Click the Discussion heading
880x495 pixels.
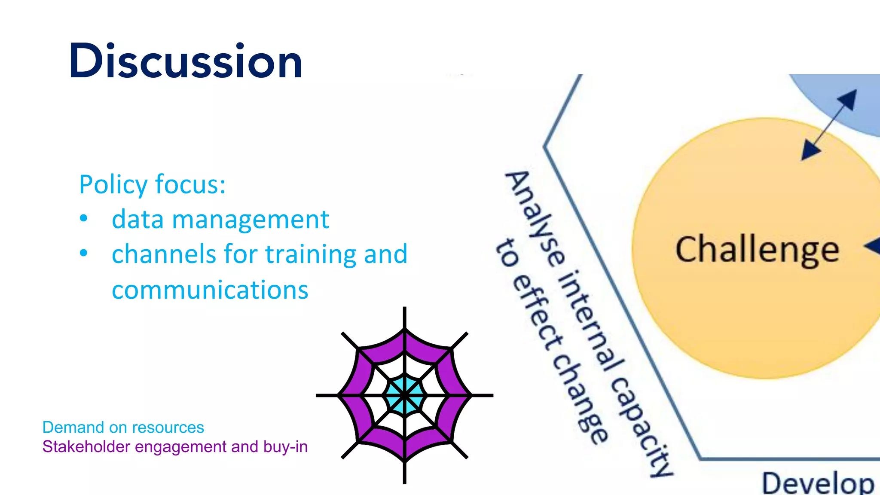[x=186, y=61]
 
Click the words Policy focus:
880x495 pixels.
[x=152, y=184]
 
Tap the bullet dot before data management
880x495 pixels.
[x=84, y=218]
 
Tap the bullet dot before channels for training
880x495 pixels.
[x=84, y=253]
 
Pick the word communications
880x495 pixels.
[x=210, y=290]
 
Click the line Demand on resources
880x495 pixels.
[x=123, y=427]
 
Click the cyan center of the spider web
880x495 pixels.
[x=404, y=395]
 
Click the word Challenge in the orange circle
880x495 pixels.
[x=757, y=250]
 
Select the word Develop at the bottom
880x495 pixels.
[x=818, y=483]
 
